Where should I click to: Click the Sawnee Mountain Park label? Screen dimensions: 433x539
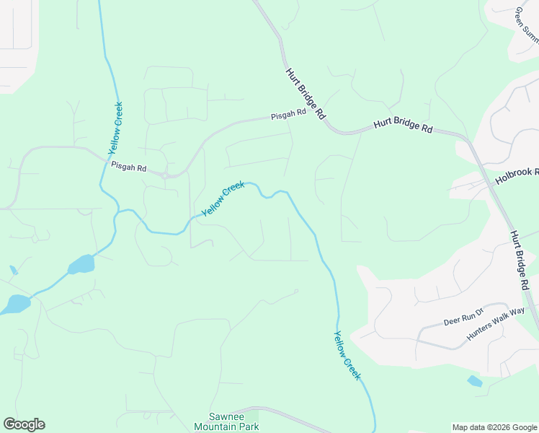click(x=226, y=421)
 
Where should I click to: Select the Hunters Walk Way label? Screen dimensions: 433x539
click(x=496, y=324)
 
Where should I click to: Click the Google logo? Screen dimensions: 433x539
click(x=24, y=424)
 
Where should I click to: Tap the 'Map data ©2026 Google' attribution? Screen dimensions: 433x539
click(x=494, y=427)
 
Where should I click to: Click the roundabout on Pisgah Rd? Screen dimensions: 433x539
click(x=165, y=175)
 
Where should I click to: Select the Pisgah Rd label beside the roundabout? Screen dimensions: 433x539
click(x=129, y=167)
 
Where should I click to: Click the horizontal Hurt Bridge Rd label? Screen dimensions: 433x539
click(x=403, y=126)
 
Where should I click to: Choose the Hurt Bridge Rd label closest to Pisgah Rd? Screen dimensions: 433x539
click(x=306, y=94)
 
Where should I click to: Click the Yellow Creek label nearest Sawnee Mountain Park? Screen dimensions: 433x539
click(x=347, y=355)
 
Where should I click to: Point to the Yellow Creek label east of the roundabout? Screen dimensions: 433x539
click(x=223, y=198)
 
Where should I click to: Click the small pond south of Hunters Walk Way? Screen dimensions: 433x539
click(x=474, y=381)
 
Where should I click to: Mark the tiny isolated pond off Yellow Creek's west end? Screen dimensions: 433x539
click(x=14, y=271)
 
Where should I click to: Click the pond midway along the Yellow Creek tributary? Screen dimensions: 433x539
click(x=81, y=264)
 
